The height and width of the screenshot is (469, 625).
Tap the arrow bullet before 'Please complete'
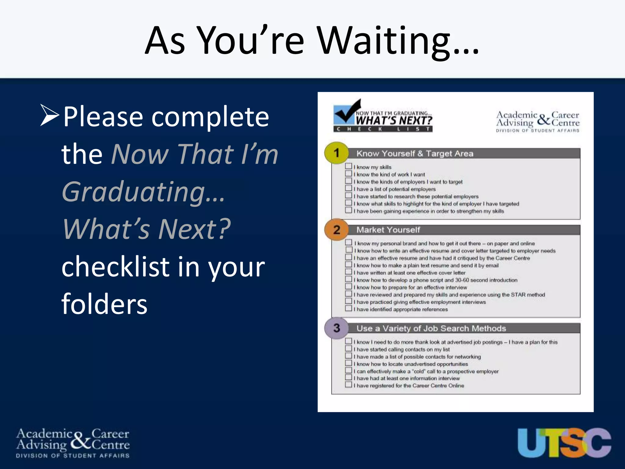(49, 115)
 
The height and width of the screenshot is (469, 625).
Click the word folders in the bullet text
(104, 304)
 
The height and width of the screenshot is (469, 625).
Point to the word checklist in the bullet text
(114, 267)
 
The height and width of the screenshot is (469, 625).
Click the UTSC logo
(564, 443)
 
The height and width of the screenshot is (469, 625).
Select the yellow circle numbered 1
(336, 153)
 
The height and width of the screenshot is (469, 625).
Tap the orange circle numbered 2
(336, 230)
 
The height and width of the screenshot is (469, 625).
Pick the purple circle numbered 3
(336, 328)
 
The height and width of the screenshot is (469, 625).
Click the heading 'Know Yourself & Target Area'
(415, 154)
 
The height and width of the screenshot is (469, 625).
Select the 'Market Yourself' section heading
(388, 230)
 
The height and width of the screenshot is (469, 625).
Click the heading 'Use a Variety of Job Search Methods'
(431, 329)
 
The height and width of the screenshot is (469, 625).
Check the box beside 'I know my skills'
(349, 166)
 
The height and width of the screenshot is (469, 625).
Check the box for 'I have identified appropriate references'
(349, 309)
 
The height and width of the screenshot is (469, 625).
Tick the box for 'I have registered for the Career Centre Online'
(349, 385)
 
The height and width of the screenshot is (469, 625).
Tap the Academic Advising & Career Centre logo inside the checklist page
(537, 122)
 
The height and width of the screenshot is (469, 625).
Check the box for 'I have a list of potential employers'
(349, 188)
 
